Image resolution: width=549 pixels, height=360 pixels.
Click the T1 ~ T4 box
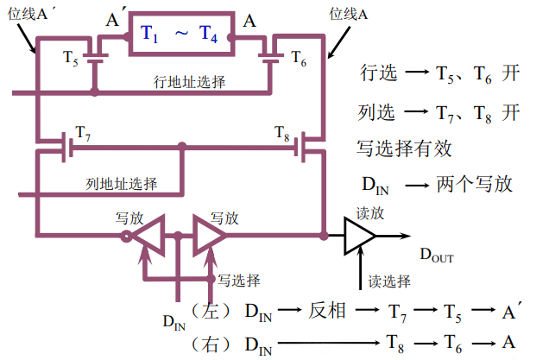point(180,35)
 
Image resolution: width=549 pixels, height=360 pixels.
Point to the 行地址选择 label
point(190,82)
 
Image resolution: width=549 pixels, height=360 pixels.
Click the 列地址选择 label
point(122,183)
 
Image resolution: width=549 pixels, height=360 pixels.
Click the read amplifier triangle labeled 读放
point(358,235)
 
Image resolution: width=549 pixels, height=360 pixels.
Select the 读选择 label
point(387,281)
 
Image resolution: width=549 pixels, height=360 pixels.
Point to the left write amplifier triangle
point(152,235)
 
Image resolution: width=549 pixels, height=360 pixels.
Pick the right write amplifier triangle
point(208,235)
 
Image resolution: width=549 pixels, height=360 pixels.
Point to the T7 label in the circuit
point(83,132)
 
